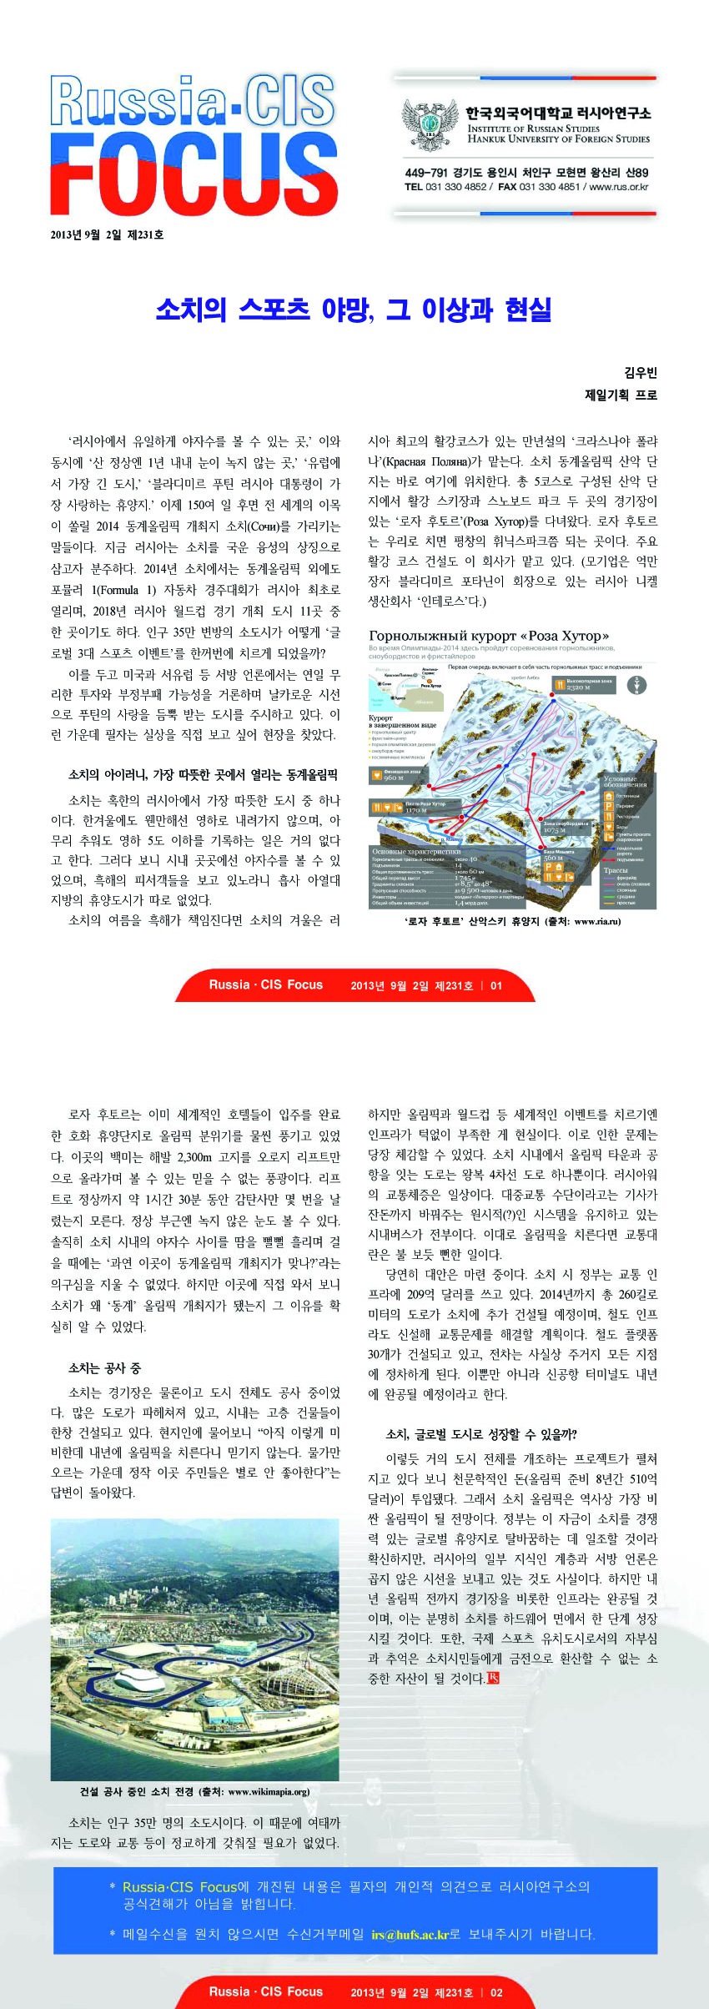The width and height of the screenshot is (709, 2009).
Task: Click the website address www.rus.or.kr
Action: pos(619,187)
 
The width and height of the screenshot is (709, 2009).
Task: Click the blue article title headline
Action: pos(354,310)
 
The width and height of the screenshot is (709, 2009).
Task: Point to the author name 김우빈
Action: pos(641,373)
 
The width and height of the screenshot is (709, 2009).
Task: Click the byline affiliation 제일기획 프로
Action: pos(621,395)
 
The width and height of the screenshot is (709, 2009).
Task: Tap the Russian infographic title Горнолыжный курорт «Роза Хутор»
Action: pos(489,636)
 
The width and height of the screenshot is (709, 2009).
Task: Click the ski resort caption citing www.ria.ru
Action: pos(512,921)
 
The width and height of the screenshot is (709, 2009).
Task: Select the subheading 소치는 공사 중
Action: pos(104,1367)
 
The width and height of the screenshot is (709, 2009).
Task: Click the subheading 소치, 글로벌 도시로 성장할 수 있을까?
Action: pos(481,1434)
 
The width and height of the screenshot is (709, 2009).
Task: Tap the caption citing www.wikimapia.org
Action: pos(194,1791)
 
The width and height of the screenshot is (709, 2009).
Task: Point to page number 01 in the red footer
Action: pos(496,985)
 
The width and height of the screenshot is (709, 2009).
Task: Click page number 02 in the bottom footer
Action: pos(496,1991)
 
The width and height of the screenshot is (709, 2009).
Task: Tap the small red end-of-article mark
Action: pos(494,1678)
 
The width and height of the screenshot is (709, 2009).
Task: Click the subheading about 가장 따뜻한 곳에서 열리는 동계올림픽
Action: pos(203,775)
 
